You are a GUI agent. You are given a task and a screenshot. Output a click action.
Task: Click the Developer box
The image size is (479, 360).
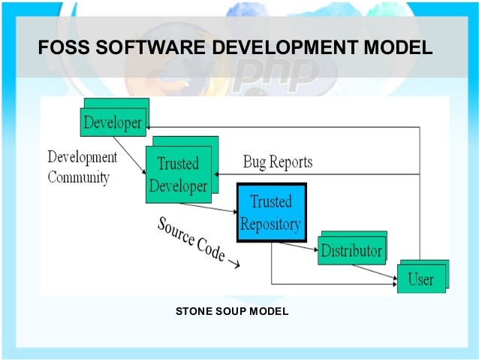point(113,122)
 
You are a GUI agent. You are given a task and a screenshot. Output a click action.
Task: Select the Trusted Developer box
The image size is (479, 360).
point(178,174)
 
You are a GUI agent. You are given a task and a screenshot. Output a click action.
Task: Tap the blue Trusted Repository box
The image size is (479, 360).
point(271,213)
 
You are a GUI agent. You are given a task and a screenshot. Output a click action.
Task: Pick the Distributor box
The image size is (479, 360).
point(351,250)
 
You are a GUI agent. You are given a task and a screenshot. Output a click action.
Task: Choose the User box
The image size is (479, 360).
point(420,279)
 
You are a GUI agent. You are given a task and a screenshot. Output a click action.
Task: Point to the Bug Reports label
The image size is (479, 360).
point(278,162)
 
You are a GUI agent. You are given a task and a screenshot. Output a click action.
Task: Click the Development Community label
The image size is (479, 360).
point(82,168)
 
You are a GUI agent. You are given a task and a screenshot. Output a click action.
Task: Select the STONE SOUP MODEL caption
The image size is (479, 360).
point(232,310)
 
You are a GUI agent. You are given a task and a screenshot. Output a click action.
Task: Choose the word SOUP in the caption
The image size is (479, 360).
point(233,310)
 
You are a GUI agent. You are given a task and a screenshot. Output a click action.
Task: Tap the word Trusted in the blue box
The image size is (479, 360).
point(271,202)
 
